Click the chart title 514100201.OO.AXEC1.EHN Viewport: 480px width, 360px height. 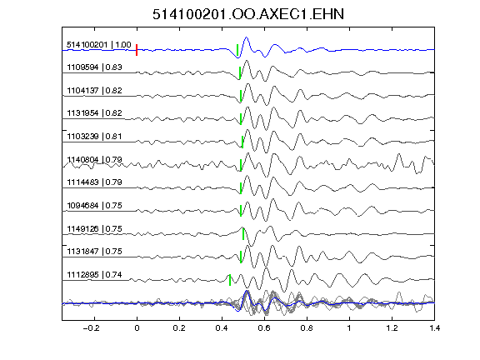tap(248, 14)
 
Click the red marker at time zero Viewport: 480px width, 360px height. tap(137, 50)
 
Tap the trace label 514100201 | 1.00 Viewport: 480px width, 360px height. tap(99, 45)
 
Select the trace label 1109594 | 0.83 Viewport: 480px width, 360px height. tap(95, 67)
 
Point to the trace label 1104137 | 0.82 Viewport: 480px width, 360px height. tap(95, 90)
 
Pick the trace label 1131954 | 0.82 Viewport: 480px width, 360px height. tap(95, 113)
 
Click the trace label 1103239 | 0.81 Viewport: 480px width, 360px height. tap(95, 136)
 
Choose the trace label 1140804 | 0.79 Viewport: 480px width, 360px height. tap(95, 159)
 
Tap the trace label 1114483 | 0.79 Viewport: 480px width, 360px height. tap(95, 182)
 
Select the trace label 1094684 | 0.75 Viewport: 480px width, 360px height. tap(95, 205)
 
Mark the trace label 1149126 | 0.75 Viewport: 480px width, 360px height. tap(95, 228)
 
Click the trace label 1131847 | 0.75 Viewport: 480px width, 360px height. tap(95, 252)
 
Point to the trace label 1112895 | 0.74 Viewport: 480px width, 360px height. tap(95, 275)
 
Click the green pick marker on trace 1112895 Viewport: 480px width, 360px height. tap(230, 280)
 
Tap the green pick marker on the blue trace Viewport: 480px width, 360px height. tap(237, 50)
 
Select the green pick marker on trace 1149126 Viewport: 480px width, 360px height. tap(243, 234)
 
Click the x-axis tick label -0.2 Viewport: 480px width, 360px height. tap(92, 328)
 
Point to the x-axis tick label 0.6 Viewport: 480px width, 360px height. tap(264, 328)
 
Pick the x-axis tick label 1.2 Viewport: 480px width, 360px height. tap(392, 328)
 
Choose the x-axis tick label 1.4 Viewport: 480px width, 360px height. tap(434, 328)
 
